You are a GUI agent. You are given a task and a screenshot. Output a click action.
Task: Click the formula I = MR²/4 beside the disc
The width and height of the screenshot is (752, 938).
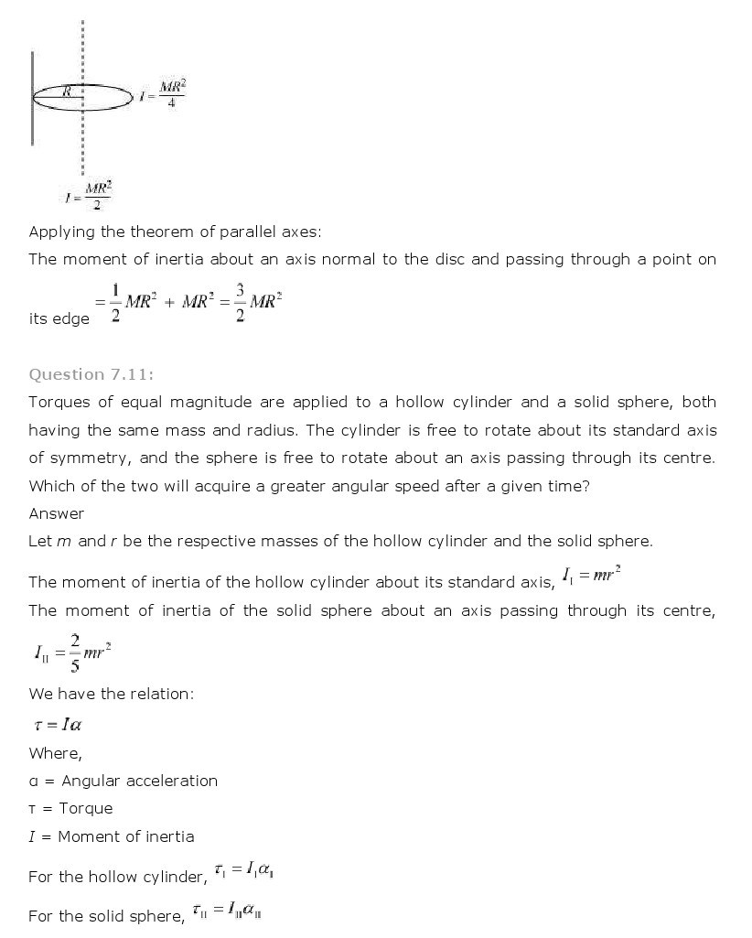tap(164, 94)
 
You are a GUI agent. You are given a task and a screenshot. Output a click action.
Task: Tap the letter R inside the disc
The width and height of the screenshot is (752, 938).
tap(67, 91)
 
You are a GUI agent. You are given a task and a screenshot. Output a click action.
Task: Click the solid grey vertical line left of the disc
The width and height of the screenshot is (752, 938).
tap(33, 98)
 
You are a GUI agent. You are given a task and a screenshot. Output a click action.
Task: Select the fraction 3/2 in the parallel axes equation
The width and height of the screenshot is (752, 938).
tap(240, 309)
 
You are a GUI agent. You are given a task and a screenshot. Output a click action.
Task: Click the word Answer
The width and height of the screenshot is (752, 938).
tap(56, 513)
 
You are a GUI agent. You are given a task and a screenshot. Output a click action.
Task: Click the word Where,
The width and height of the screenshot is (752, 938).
tap(55, 753)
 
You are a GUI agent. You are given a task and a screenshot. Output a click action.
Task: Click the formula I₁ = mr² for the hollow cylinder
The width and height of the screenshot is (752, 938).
tap(595, 577)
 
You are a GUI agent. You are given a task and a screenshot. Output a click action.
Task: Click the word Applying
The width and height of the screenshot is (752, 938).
tap(60, 232)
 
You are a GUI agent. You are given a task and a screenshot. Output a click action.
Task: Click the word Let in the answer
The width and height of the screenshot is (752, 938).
tap(40, 541)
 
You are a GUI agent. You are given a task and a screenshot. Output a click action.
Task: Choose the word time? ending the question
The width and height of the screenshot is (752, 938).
tap(567, 486)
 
